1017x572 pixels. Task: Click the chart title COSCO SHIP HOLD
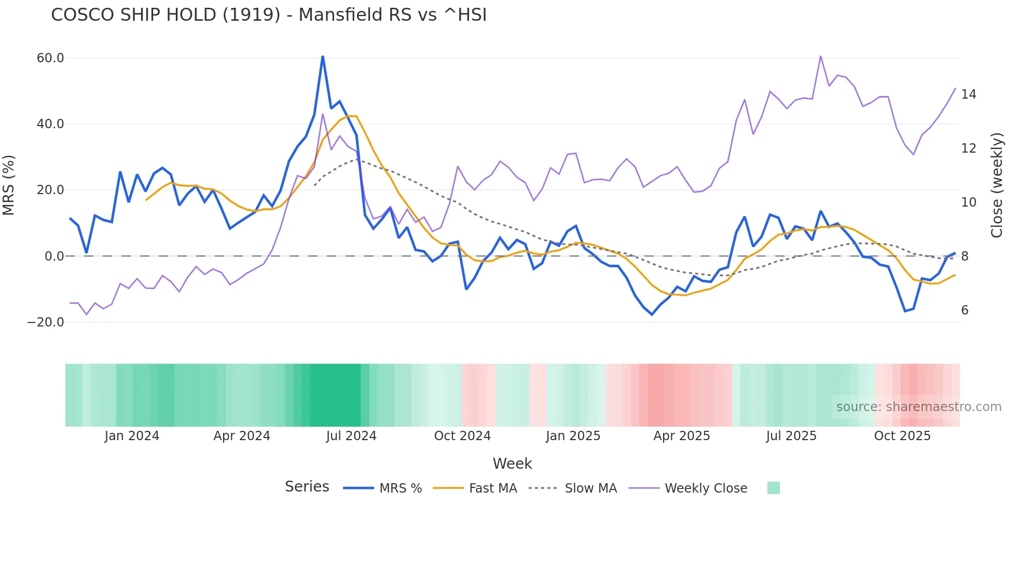pos(269,15)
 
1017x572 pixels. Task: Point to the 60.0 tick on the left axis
pos(50,58)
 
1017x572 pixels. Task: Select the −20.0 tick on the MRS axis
pos(46,322)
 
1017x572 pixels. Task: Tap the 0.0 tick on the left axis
pos(54,256)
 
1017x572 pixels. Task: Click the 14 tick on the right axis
pos(968,94)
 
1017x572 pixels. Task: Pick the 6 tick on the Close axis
pos(965,310)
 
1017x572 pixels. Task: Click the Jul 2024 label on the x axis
pos(351,436)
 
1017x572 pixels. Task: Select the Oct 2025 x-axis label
pos(902,436)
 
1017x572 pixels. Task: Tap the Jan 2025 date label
pos(573,436)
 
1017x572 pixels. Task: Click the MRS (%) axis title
pos(9,185)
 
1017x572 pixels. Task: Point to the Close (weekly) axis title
pos(997,185)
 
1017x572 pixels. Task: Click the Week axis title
pos(512,464)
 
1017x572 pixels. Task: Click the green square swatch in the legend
pos(773,488)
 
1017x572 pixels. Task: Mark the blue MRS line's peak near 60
pos(323,57)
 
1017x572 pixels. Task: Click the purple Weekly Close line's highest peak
pos(820,56)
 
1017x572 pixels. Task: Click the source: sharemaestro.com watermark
pos(918,407)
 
